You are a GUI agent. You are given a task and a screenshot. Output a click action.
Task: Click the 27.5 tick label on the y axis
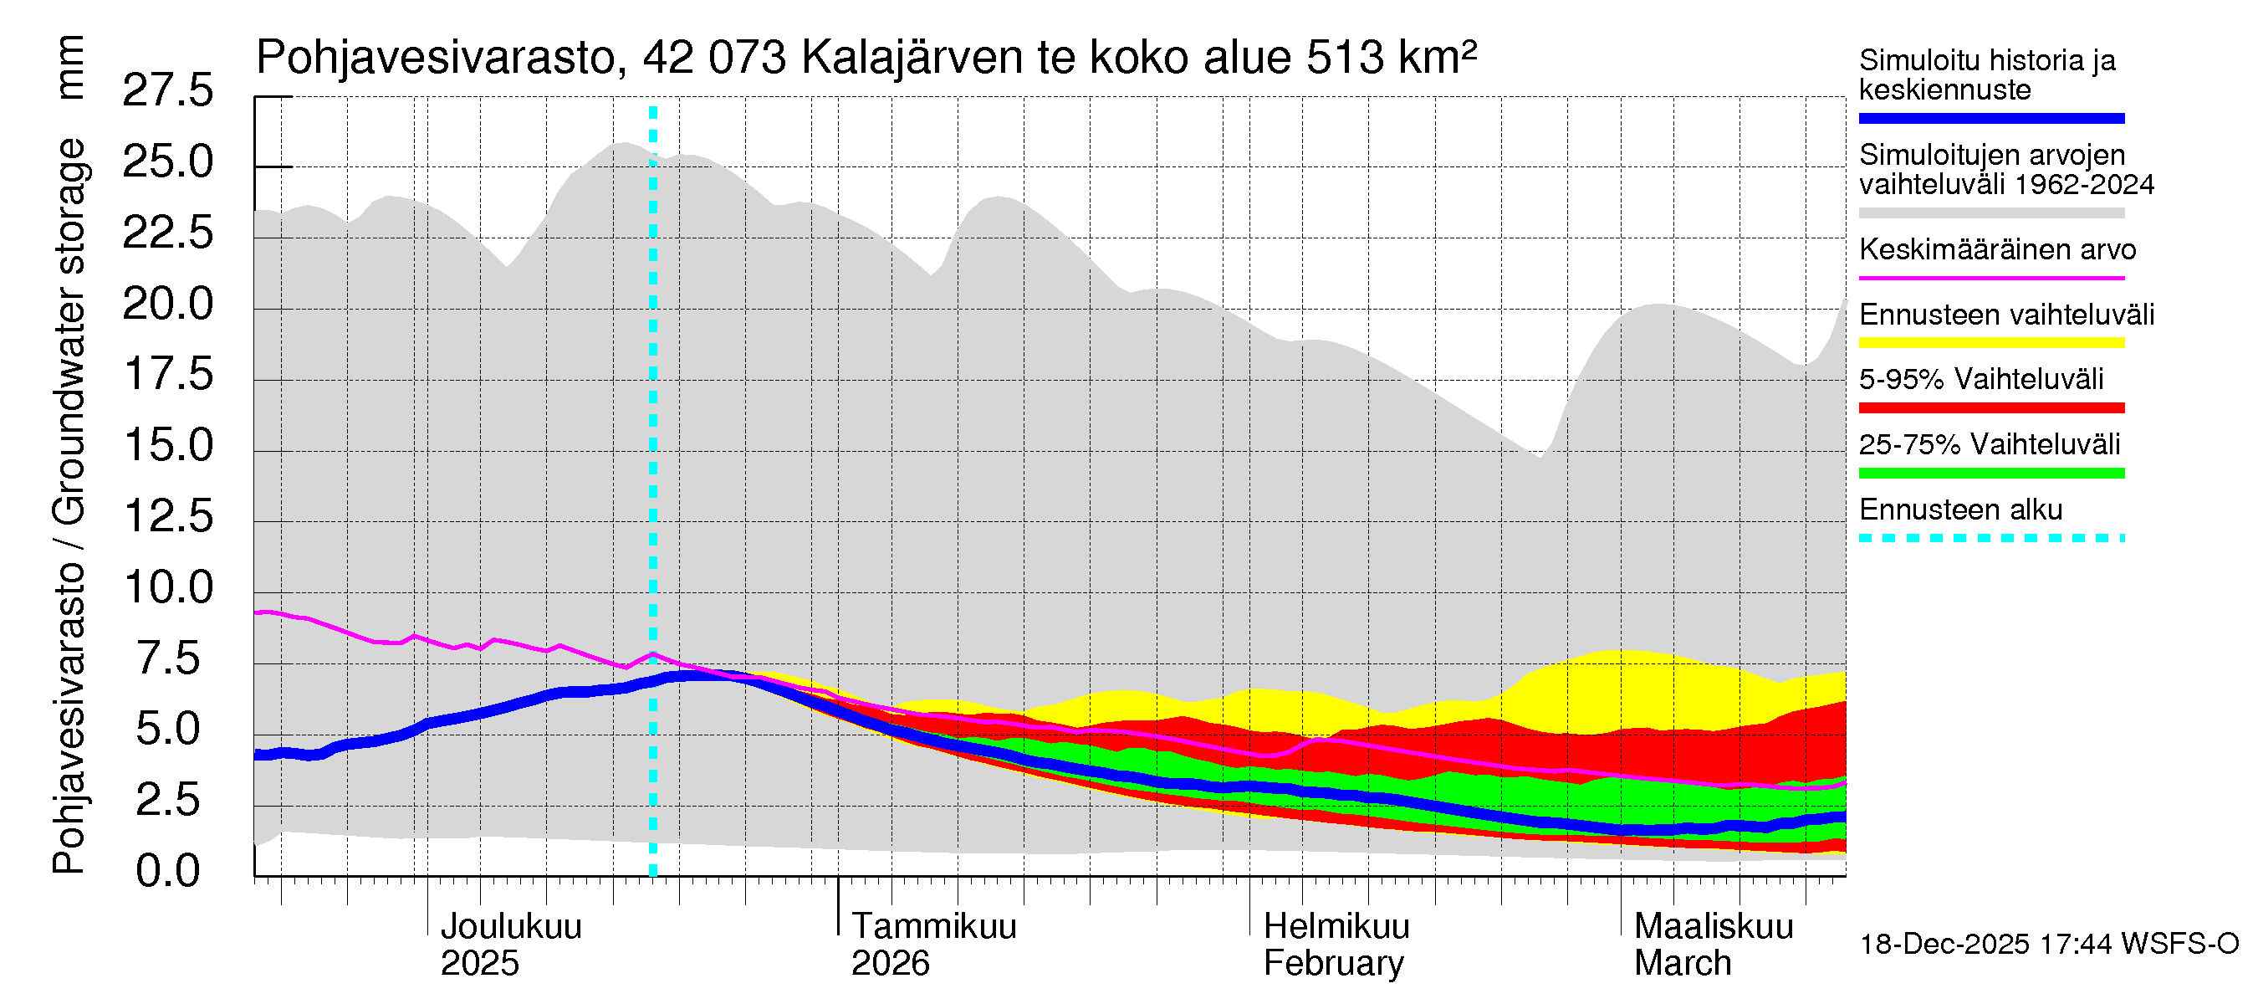pos(167,90)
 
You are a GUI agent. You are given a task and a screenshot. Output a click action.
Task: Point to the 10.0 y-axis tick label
pos(167,587)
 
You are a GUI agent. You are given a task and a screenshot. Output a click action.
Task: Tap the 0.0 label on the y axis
pos(167,871)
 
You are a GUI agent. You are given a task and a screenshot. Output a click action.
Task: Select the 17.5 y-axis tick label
pos(167,375)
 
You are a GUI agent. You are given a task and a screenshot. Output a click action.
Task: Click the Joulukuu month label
pos(510,927)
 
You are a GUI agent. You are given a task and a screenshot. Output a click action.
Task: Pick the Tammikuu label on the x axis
pos(933,927)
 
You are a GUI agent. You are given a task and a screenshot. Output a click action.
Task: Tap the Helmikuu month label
pos(1336,927)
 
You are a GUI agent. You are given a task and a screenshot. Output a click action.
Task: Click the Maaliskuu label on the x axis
pos(1714,927)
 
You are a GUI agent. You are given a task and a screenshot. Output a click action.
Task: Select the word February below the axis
pos(1333,964)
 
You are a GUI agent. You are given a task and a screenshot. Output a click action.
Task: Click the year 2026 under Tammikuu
pos(890,964)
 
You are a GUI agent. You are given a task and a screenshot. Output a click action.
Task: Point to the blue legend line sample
pos(1990,118)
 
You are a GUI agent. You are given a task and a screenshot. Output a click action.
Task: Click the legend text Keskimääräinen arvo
pos(1997,250)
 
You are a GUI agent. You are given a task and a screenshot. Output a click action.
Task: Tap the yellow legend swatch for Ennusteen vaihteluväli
pos(1990,343)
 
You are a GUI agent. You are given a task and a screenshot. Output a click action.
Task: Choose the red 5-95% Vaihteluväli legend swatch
pos(1990,407)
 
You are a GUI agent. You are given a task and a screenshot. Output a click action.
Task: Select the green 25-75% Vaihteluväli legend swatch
pos(1990,474)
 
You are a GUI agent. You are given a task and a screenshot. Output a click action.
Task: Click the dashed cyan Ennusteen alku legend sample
pos(1990,538)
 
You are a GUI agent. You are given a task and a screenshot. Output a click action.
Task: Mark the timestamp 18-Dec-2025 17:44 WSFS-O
pos(2048,945)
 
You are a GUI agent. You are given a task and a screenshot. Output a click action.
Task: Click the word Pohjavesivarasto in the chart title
pos(436,58)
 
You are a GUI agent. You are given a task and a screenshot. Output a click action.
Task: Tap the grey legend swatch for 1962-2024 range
pos(1990,213)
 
